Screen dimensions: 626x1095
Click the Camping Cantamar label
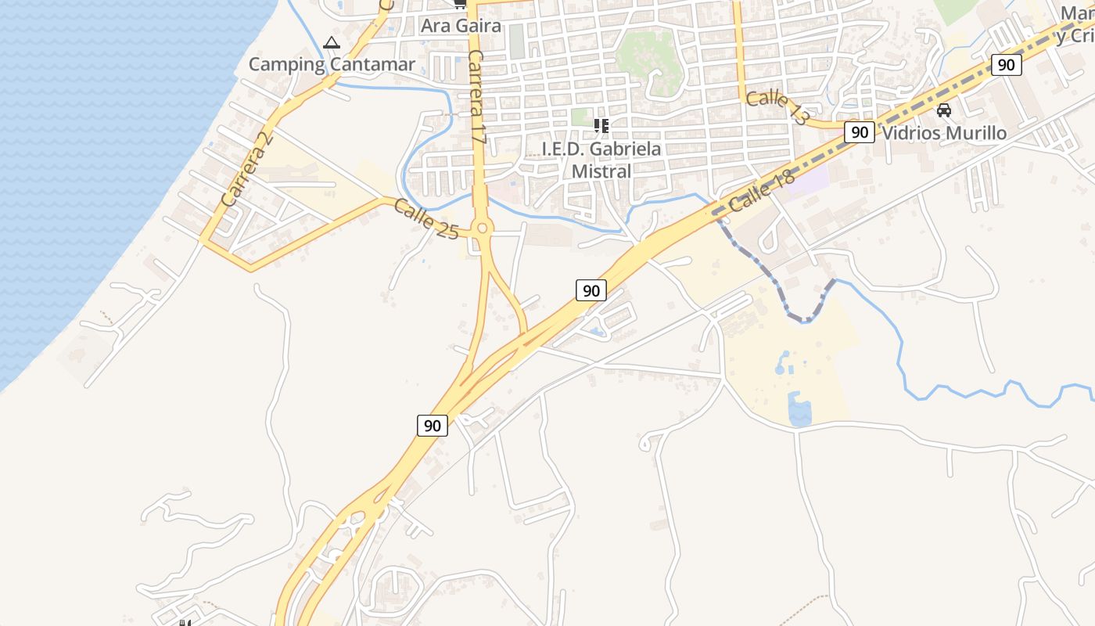click(x=332, y=64)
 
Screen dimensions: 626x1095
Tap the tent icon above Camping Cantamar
click(x=332, y=42)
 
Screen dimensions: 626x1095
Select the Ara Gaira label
click(x=461, y=26)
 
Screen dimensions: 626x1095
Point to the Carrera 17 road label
click(x=478, y=98)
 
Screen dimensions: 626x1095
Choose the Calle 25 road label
click(x=425, y=218)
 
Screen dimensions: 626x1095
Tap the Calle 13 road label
click(x=777, y=108)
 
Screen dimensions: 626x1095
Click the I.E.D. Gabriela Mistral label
click(x=601, y=160)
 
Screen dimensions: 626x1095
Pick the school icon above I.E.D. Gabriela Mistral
click(x=601, y=125)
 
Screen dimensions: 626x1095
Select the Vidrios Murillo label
click(x=944, y=133)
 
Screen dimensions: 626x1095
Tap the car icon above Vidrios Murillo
click(x=944, y=110)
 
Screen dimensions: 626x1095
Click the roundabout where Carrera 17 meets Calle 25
click(x=482, y=228)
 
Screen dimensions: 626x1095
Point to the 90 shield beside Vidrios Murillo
click(x=860, y=132)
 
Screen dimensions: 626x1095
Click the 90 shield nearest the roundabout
click(x=591, y=291)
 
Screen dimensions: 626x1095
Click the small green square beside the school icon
click(x=579, y=117)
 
